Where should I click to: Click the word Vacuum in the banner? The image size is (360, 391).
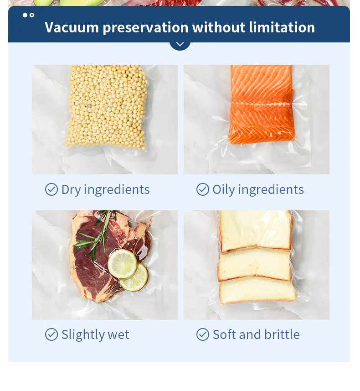[x=72, y=27]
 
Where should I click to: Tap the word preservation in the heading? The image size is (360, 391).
[x=145, y=28]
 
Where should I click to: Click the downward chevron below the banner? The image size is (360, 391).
[x=180, y=44]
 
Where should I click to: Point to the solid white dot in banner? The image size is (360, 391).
[x=25, y=15]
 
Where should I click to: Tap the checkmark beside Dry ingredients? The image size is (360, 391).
[x=51, y=189]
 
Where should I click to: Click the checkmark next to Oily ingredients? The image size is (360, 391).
[x=202, y=189]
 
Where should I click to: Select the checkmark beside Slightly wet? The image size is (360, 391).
[x=51, y=334]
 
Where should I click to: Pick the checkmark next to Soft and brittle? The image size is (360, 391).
[x=202, y=334]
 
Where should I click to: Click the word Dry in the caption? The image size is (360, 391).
[x=71, y=190]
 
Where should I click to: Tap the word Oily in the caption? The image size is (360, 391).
[x=223, y=190]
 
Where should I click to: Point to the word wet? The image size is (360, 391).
[x=118, y=335]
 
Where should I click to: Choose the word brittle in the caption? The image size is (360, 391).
[x=282, y=334]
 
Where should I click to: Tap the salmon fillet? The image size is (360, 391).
[x=262, y=104]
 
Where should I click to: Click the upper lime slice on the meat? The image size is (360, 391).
[x=122, y=264]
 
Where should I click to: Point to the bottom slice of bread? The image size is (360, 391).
[x=257, y=290]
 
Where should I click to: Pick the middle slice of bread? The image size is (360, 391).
[x=254, y=264]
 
